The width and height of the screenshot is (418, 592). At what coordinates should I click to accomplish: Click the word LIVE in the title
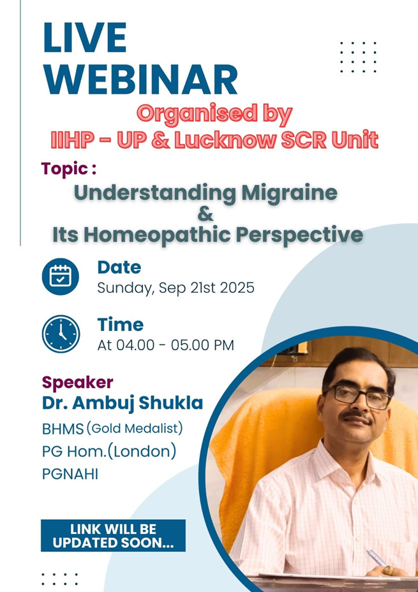tap(85, 38)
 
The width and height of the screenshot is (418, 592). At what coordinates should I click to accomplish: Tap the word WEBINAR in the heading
tap(140, 80)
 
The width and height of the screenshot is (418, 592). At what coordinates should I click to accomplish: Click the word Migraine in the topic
tap(290, 193)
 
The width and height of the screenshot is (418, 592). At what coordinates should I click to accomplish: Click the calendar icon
tap(61, 276)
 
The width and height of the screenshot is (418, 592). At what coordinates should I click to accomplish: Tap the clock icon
tap(61, 334)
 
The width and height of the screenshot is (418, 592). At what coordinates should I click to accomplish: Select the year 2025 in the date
tap(237, 288)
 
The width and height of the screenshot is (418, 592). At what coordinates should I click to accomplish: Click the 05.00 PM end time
tap(202, 345)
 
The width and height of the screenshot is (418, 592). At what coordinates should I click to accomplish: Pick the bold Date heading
tap(119, 267)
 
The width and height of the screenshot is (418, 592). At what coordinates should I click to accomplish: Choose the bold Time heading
tap(121, 325)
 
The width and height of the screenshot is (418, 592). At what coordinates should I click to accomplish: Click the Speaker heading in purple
tap(77, 383)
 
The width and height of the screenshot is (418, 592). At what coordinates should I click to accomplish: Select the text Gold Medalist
tap(135, 428)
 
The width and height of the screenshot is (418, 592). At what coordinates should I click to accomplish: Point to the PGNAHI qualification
tap(70, 474)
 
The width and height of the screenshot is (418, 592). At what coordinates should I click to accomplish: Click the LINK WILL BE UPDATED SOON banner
tap(114, 535)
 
